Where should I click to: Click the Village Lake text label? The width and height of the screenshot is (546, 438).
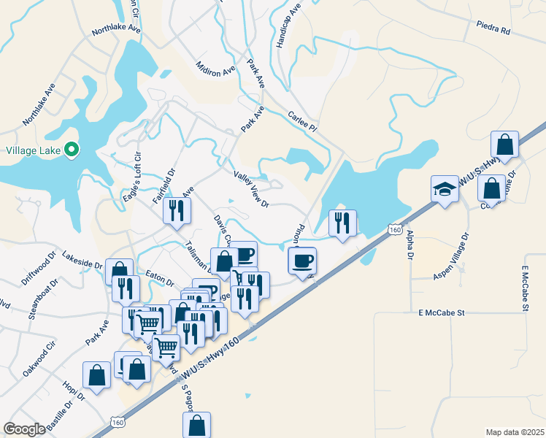[x=32, y=151]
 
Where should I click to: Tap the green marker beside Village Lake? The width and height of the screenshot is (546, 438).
[x=72, y=150]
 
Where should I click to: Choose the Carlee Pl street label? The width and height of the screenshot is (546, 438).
[x=302, y=122]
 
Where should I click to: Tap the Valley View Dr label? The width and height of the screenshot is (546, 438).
[x=252, y=190]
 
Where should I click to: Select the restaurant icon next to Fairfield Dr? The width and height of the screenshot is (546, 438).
[x=177, y=210]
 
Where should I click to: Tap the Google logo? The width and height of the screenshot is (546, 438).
[x=24, y=429]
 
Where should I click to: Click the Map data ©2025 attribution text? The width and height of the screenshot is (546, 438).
[x=515, y=432]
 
